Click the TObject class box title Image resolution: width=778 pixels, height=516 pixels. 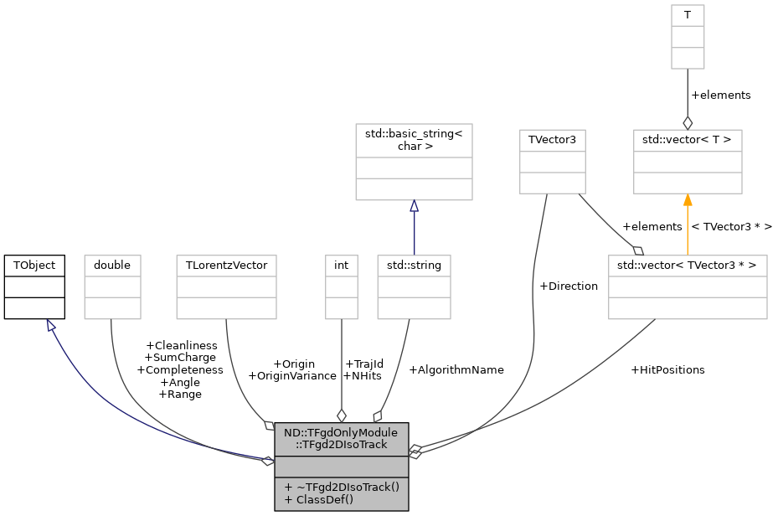(34, 266)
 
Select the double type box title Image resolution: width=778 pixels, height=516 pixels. (112, 266)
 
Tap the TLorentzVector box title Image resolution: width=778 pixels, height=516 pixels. (226, 266)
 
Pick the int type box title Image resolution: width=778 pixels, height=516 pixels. (342, 266)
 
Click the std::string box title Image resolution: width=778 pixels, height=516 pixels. (414, 266)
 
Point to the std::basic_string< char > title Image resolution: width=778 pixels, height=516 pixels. (414, 140)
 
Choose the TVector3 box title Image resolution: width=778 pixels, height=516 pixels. (552, 140)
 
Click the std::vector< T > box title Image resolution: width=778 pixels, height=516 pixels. (688, 140)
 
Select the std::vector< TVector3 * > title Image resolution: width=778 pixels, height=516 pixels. (688, 266)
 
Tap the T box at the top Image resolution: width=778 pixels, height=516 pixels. (688, 15)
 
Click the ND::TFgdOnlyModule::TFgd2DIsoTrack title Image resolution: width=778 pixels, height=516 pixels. (342, 439)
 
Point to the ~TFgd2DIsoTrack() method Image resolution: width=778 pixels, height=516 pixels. (342, 488)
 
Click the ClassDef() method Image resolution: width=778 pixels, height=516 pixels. (319, 499)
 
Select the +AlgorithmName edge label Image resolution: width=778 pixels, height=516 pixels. (456, 370)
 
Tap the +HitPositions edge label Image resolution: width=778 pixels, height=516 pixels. (667, 370)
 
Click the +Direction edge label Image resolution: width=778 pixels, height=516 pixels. (569, 286)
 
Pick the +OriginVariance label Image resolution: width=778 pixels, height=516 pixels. (292, 376)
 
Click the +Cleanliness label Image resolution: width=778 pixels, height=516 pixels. (182, 346)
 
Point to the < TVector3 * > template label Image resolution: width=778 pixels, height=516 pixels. (732, 227)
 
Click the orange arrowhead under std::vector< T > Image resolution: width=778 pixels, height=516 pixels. (688, 200)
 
